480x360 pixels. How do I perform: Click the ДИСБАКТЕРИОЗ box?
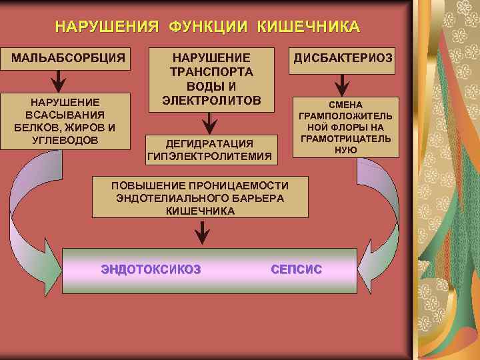pyautogui.click(x=343, y=58)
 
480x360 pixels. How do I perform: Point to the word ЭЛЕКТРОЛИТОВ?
pyautogui.click(x=211, y=100)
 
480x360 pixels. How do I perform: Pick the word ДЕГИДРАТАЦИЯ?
pyautogui.click(x=210, y=143)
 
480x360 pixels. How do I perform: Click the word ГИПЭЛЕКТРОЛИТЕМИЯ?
pyautogui.click(x=210, y=156)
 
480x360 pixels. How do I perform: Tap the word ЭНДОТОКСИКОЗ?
pyautogui.click(x=151, y=269)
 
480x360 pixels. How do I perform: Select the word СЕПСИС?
pyautogui.click(x=297, y=269)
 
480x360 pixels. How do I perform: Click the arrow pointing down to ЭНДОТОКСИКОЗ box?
pyautogui.click(x=201, y=231)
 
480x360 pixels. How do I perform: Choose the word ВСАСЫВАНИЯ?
pyautogui.click(x=60, y=115)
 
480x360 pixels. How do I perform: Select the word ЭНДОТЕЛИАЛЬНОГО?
pyautogui.click(x=191, y=198)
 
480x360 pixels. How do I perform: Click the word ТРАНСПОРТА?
pyautogui.click(x=211, y=72)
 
